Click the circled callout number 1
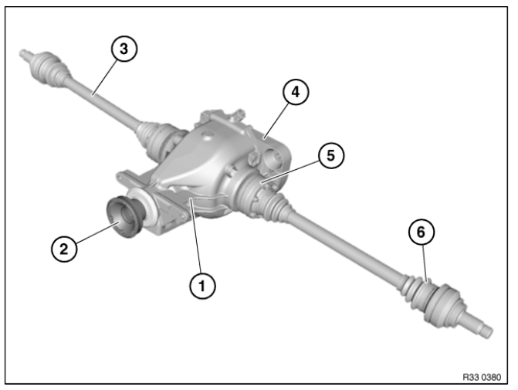[202, 287]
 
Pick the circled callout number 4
[294, 91]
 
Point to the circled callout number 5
[330, 154]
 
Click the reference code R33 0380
[482, 378]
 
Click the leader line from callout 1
[196, 239]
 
